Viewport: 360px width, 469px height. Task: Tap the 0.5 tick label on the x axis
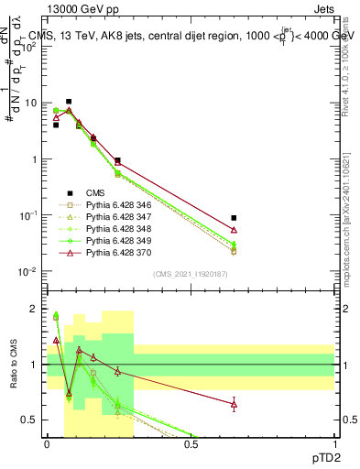tap(191, 444)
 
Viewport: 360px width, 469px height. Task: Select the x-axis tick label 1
tap(333, 444)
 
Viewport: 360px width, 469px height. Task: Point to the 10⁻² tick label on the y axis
tap(27, 272)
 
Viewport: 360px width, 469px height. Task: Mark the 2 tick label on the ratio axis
tap(33, 309)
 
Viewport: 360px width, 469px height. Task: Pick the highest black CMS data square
tap(69, 102)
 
